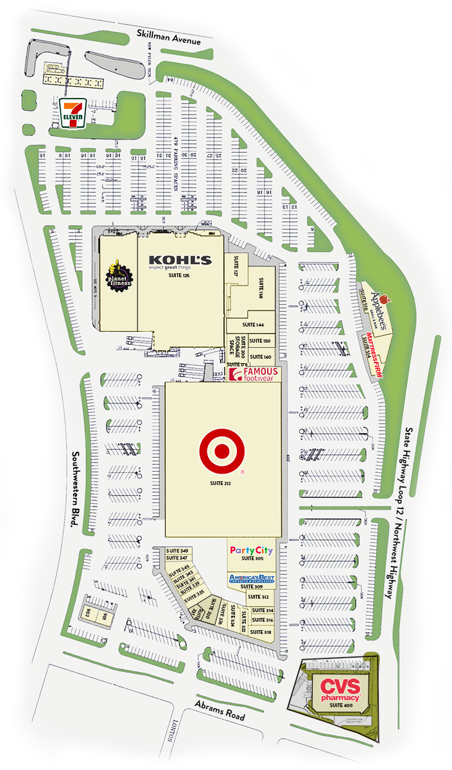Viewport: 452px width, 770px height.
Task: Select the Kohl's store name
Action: point(180,260)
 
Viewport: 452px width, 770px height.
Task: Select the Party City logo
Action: point(251,551)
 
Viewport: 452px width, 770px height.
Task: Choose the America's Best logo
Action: point(252,579)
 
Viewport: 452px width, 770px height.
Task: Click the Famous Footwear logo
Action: point(254,375)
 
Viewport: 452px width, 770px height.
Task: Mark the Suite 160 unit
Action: point(261,356)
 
